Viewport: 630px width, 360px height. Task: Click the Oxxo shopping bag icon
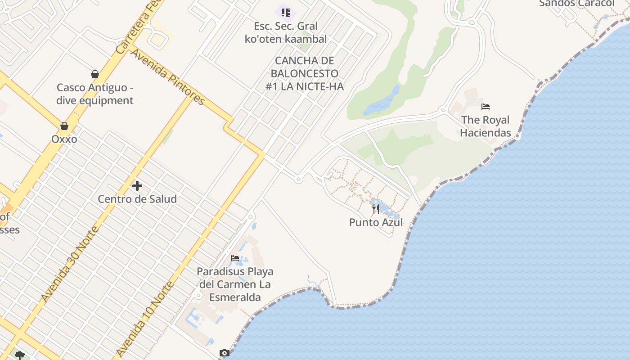64,126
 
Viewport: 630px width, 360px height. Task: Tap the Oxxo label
64,139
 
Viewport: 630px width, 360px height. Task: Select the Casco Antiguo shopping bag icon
95,74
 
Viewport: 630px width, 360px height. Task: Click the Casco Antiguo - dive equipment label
95,94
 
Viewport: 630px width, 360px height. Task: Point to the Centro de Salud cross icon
137,185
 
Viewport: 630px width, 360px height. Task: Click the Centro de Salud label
137,199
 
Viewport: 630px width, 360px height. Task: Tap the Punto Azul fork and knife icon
376,209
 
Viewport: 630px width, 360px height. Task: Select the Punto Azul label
376,222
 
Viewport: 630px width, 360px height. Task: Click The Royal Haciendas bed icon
486,107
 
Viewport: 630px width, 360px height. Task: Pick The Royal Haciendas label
486,126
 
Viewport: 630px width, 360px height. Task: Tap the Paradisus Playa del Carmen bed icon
235,258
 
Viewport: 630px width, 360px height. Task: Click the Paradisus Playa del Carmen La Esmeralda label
235,284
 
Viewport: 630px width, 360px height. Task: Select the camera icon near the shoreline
224,353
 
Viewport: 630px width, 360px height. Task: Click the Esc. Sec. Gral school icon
285,12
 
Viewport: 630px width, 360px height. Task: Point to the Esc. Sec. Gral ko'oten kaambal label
286,32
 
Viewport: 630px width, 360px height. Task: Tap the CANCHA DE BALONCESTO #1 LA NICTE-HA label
304,73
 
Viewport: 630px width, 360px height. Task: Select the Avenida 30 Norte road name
69,265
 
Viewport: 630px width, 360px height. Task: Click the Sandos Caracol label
576,4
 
